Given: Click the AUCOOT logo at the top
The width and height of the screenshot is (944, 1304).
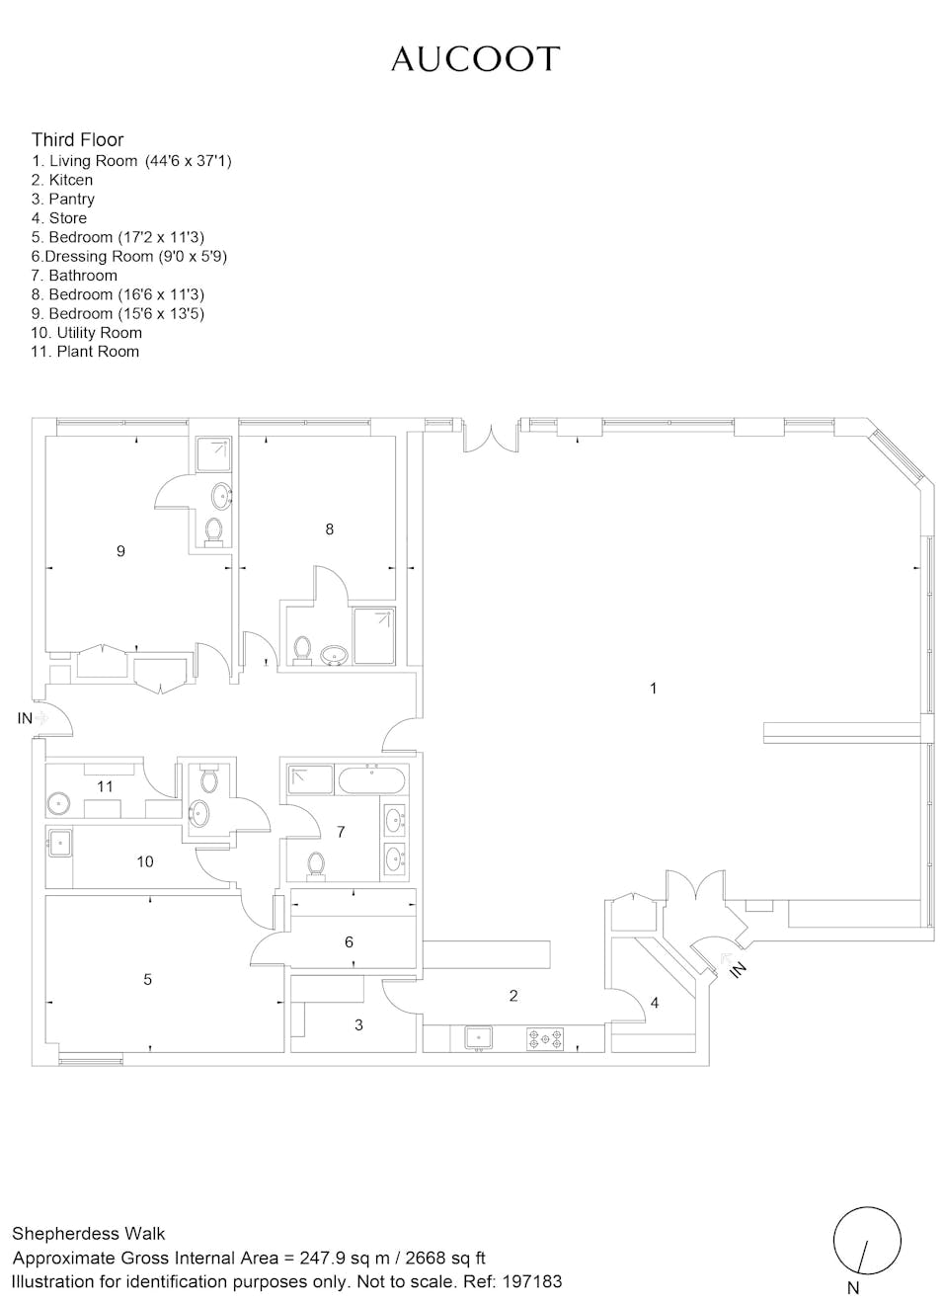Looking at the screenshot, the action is tap(475, 59).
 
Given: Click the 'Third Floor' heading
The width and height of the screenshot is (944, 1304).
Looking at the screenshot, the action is tap(77, 139).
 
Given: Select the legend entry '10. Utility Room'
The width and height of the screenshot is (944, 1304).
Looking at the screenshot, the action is tap(87, 333).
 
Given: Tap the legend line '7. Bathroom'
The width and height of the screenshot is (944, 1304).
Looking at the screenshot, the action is tap(74, 276).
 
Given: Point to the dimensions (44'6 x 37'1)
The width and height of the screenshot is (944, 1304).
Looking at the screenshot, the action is tap(189, 161).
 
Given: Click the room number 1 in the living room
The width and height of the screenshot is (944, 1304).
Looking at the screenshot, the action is tap(653, 689).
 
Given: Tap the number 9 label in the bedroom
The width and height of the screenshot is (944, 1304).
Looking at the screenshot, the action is tap(121, 550).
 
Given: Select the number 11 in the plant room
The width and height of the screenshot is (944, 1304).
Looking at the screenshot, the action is tap(105, 786).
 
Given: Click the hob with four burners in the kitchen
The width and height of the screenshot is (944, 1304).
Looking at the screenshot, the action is tap(545, 1039).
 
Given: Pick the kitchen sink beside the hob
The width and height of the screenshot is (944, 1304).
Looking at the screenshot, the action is tap(478, 1038).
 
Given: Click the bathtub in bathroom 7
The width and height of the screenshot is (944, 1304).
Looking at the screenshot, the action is tap(370, 779).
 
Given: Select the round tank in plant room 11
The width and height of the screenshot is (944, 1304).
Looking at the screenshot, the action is tap(58, 804).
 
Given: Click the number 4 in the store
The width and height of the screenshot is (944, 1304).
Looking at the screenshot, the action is tap(654, 1003).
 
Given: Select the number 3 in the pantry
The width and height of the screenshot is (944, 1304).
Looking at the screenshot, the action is tap(358, 1024).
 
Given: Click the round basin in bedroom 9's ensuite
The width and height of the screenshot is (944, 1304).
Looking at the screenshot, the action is tap(221, 496).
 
